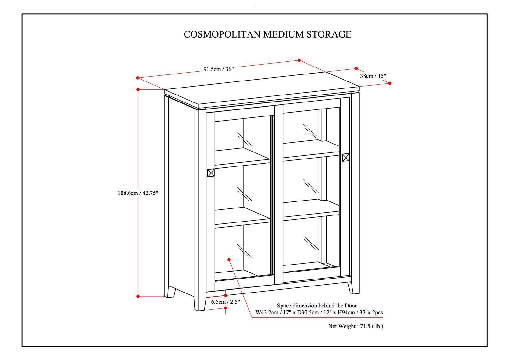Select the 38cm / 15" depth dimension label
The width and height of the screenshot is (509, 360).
pyautogui.click(x=373, y=76)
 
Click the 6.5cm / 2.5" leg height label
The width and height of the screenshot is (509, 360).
pyautogui.click(x=225, y=302)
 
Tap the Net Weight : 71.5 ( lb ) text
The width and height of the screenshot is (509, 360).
pyautogui.click(x=356, y=326)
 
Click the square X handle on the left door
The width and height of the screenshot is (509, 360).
pyautogui.click(x=211, y=173)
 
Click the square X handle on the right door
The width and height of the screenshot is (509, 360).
pyautogui.click(x=345, y=157)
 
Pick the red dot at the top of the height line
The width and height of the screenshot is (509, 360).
pyautogui.click(x=138, y=90)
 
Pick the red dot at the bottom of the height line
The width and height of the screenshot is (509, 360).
pyautogui.click(x=138, y=296)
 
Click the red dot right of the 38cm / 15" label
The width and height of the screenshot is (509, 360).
pyautogui.click(x=390, y=83)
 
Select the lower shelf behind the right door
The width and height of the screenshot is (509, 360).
pyautogui.click(x=311, y=209)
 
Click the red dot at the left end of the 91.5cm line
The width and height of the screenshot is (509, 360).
pyautogui.click(x=138, y=78)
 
